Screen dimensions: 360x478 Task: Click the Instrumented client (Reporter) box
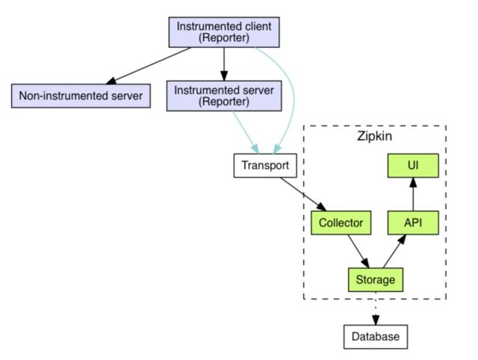(223, 31)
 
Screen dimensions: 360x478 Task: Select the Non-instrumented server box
(80, 96)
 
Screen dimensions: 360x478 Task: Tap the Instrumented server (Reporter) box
(223, 96)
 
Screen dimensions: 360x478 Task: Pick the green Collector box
(340, 223)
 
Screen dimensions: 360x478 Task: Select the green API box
(412, 223)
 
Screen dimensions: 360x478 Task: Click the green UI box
(412, 166)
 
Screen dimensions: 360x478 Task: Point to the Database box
(376, 337)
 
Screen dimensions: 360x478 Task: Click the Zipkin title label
(375, 138)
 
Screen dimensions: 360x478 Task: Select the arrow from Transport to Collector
(302, 195)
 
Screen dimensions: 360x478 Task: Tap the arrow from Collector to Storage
(357, 250)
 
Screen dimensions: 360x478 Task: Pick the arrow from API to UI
(412, 193)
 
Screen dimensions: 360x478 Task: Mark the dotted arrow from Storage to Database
(376, 308)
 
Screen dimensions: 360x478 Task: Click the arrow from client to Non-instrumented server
(149, 64)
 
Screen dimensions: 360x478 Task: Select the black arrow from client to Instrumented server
(223, 63)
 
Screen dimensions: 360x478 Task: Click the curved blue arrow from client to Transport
(292, 97)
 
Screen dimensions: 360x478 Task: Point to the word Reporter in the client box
(223, 38)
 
